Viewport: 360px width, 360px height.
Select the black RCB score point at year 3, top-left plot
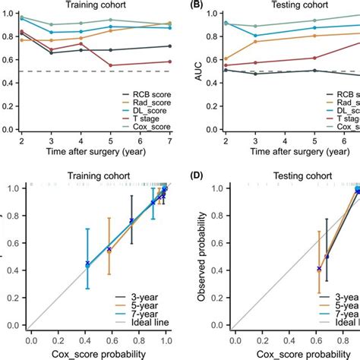52,53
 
